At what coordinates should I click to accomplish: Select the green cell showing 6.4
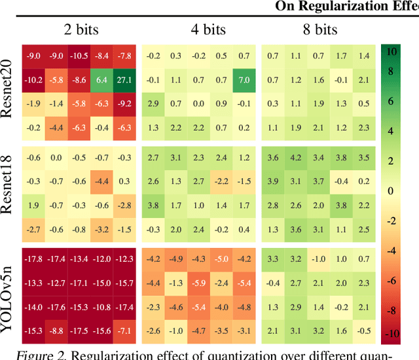[x=101, y=80]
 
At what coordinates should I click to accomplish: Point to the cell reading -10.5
[x=79, y=56]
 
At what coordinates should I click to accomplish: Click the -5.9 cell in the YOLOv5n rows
[x=198, y=283]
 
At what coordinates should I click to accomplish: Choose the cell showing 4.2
[x=295, y=158]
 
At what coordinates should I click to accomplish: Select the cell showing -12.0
[x=101, y=260]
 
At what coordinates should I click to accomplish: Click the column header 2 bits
[x=78, y=29]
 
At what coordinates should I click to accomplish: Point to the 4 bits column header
[x=198, y=29]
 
